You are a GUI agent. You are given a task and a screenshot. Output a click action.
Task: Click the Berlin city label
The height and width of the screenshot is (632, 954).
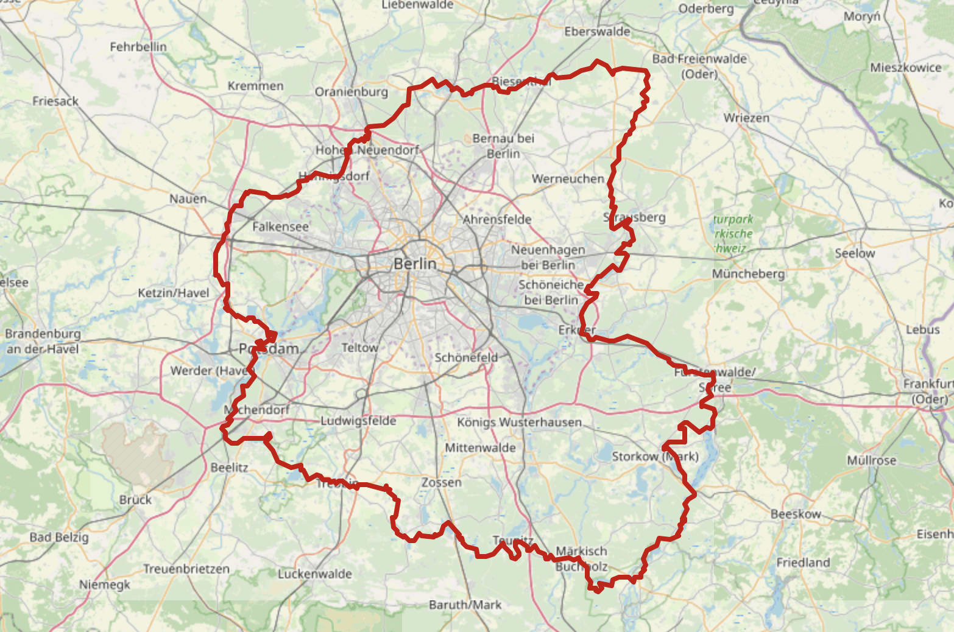pos(415,264)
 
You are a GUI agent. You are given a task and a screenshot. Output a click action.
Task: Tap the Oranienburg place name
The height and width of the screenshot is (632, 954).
pos(351,92)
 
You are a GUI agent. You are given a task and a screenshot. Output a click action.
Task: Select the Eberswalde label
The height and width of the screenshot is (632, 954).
pos(597,32)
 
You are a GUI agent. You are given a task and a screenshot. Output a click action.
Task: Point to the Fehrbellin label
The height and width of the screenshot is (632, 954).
pos(138,46)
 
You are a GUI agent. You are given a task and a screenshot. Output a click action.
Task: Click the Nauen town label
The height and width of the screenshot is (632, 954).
pos(188,198)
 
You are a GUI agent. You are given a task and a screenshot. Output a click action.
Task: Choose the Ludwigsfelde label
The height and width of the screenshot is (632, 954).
pos(358,421)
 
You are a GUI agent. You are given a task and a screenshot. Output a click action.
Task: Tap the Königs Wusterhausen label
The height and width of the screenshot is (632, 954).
pos(519,422)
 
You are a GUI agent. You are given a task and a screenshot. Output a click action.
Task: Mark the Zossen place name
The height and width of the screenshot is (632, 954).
pos(442,482)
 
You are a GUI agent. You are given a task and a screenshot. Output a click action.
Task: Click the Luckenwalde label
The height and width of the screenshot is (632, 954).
pos(315,574)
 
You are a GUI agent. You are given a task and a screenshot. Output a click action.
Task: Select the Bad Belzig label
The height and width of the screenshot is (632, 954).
pos(59,537)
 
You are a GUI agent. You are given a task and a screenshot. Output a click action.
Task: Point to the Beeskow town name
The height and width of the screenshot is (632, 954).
pos(796,514)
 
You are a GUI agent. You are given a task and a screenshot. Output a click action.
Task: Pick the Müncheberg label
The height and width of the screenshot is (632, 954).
pos(748,274)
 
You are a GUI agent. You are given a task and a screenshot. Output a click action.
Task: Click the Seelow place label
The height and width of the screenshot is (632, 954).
pos(855,253)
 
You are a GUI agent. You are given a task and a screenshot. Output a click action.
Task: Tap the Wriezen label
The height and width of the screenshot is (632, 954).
pos(746,118)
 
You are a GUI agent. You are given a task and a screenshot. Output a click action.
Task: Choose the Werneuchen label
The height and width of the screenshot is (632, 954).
pos(568,178)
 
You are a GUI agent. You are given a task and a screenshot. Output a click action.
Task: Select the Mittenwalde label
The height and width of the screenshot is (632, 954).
pos(480,448)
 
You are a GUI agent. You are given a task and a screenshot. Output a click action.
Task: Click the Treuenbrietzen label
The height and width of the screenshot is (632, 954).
pos(186,569)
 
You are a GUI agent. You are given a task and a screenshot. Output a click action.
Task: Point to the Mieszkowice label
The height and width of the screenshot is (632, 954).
pos(905,68)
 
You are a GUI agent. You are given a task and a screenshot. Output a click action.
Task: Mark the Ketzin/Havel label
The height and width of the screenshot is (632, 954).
pos(173,293)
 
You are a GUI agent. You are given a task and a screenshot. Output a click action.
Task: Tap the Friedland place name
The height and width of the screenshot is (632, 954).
pos(803,562)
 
